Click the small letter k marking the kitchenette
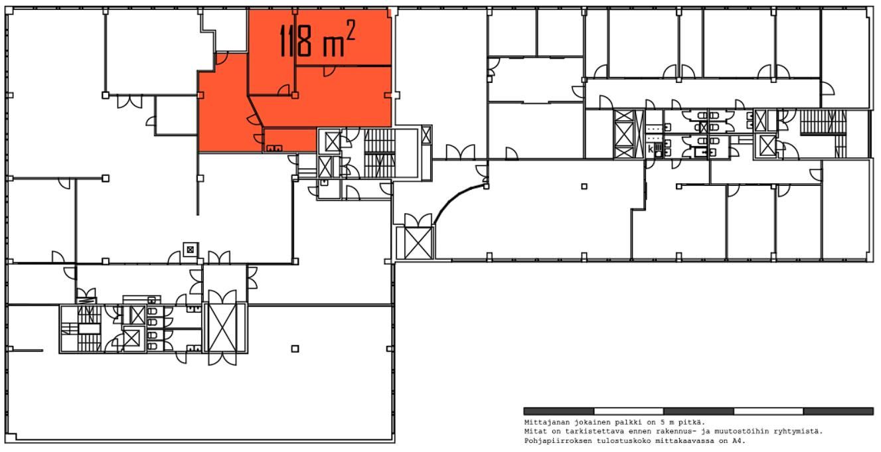tap(651, 149)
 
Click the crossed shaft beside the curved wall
tap(418, 243)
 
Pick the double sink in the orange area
tap(274, 148)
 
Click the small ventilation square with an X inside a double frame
tap(191, 250)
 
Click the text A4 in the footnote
tap(740, 441)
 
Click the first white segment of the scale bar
tap(628, 412)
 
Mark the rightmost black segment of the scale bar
tap(838, 412)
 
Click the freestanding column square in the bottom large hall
tap(295, 348)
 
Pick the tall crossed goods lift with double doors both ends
tap(222, 328)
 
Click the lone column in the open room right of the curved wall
tap(584, 187)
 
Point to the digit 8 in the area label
tap(305, 40)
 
